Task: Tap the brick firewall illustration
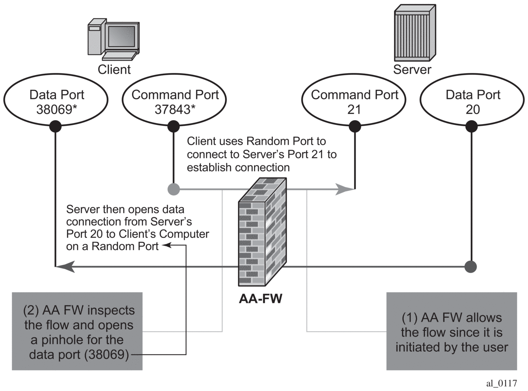point(262,233)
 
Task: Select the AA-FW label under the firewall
point(261,299)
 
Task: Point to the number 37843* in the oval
point(175,109)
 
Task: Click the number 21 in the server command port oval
point(354,109)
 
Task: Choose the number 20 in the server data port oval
point(472,109)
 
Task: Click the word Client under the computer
point(114,69)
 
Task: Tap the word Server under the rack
point(412,69)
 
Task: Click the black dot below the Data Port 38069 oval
point(55,127)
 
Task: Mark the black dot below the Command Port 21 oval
point(355,127)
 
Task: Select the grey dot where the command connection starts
point(174,189)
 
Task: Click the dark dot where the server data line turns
point(471,267)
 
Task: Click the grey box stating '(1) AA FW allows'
point(452,331)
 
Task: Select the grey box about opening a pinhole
point(77,331)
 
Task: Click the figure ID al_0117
point(501,383)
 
